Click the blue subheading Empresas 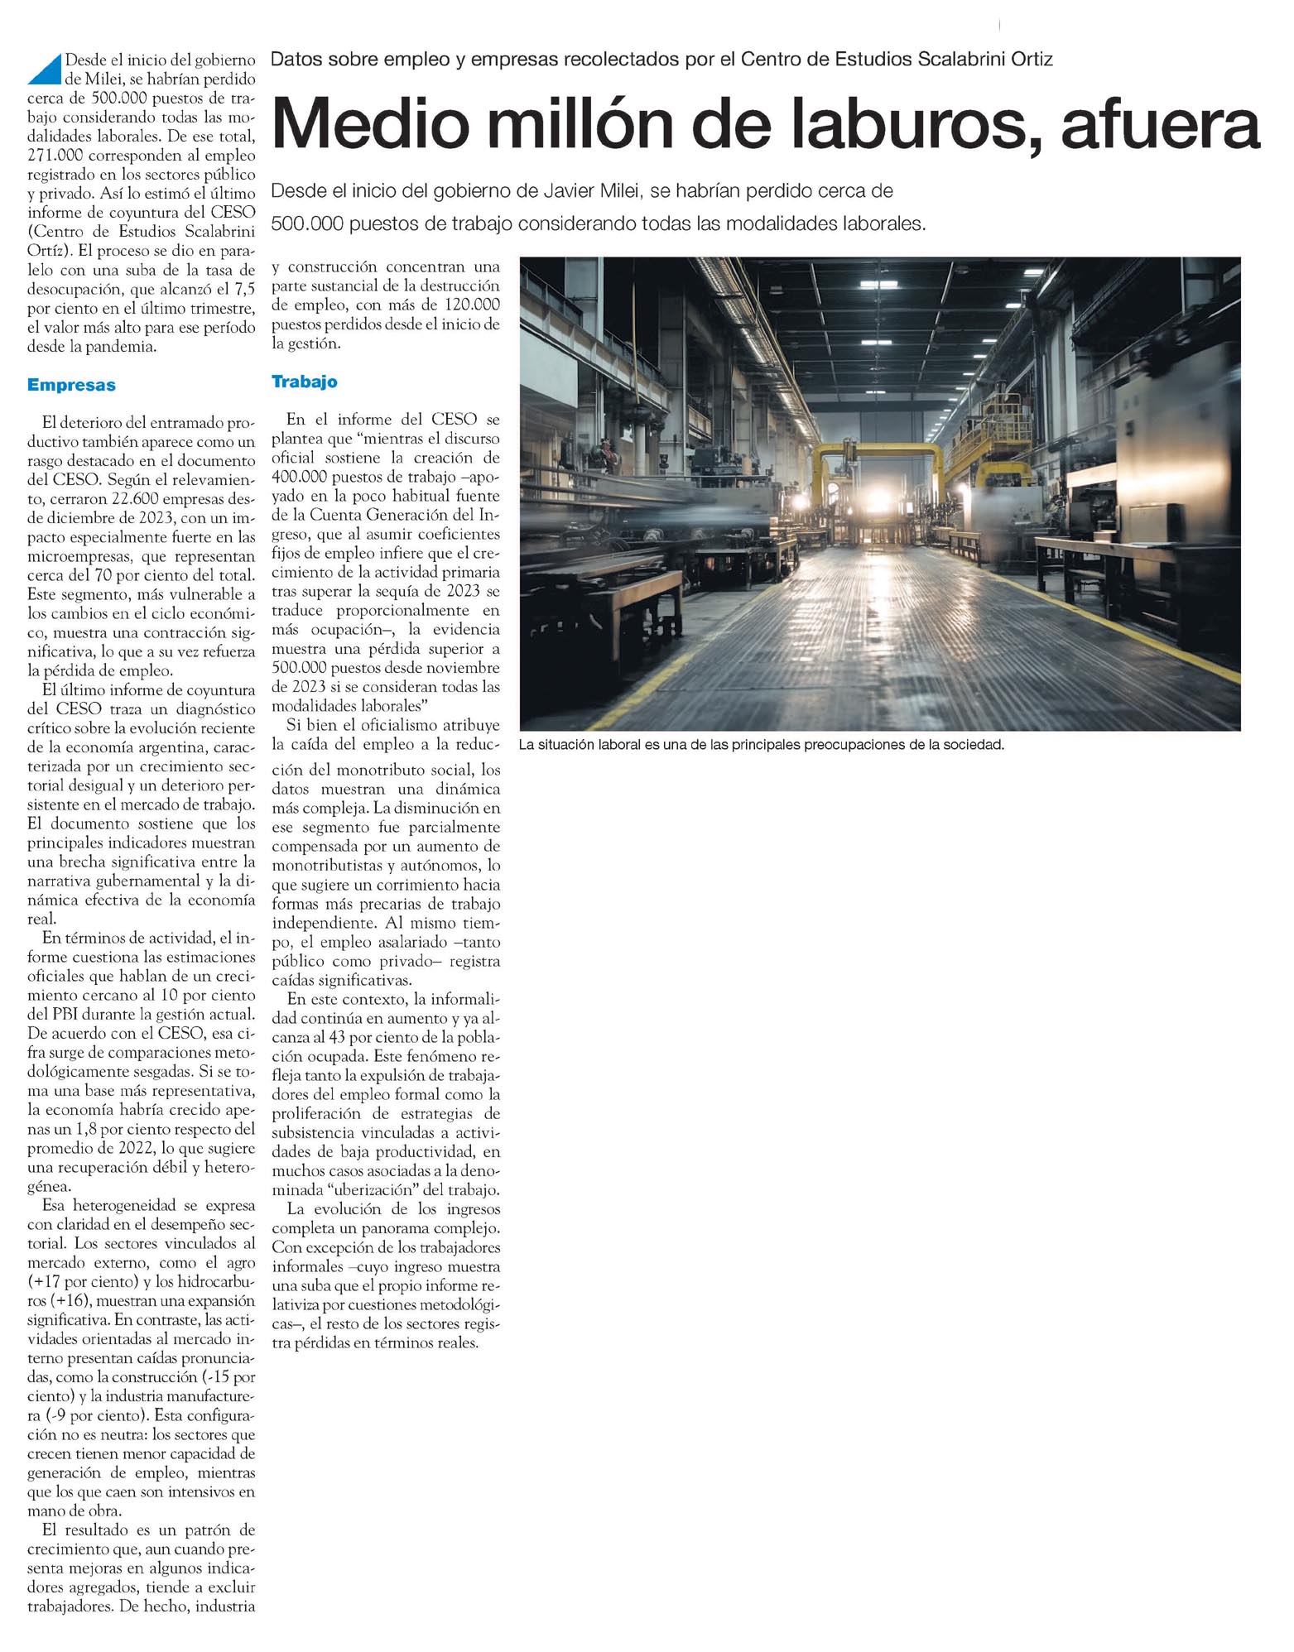(71, 386)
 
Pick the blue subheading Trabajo (305, 382)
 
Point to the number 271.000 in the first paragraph (59, 156)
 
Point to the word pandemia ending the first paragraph (119, 347)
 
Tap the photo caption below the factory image (761, 745)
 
